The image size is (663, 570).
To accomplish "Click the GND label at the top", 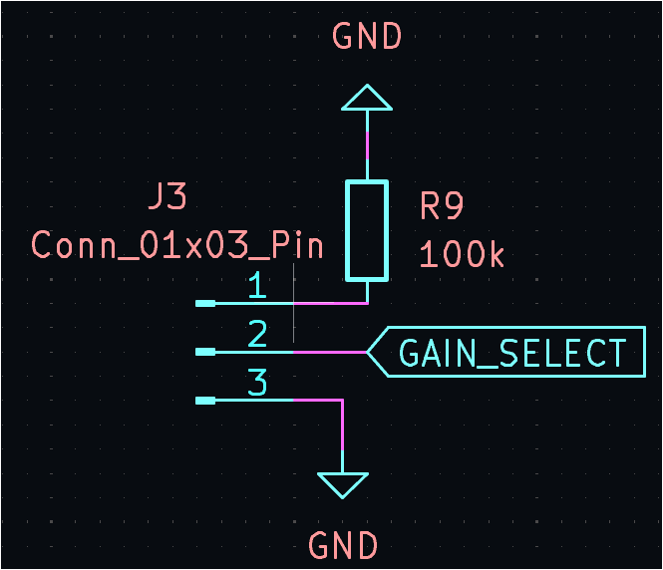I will pos(367,37).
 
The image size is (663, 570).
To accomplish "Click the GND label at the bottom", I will pos(343,546).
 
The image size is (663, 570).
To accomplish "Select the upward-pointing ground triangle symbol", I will pos(367,98).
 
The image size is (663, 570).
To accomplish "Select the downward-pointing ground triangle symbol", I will pos(343,484).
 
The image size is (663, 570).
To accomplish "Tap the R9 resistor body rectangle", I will pos(367,230).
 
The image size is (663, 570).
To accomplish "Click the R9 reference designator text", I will pos(442,206).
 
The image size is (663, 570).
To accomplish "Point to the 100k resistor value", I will pos(462,254).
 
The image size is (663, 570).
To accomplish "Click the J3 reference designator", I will pos(166,196).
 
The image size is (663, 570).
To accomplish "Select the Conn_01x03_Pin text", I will pos(177,244).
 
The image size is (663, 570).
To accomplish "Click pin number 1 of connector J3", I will pos(257,287).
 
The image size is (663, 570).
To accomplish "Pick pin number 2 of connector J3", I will pos(257,335).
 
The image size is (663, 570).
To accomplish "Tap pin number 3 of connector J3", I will pos(257,383).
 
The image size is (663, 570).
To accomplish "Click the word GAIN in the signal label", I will pos(435,353).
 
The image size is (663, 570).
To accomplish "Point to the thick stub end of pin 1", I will pos(205,303).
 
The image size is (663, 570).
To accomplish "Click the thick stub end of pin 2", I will pos(205,352).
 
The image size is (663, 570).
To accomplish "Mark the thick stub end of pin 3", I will pos(205,401).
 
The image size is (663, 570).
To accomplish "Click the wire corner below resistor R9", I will pos(367,303).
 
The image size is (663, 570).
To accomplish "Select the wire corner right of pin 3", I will pos(343,401).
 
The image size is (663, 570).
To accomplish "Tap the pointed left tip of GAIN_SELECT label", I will pos(369,352).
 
